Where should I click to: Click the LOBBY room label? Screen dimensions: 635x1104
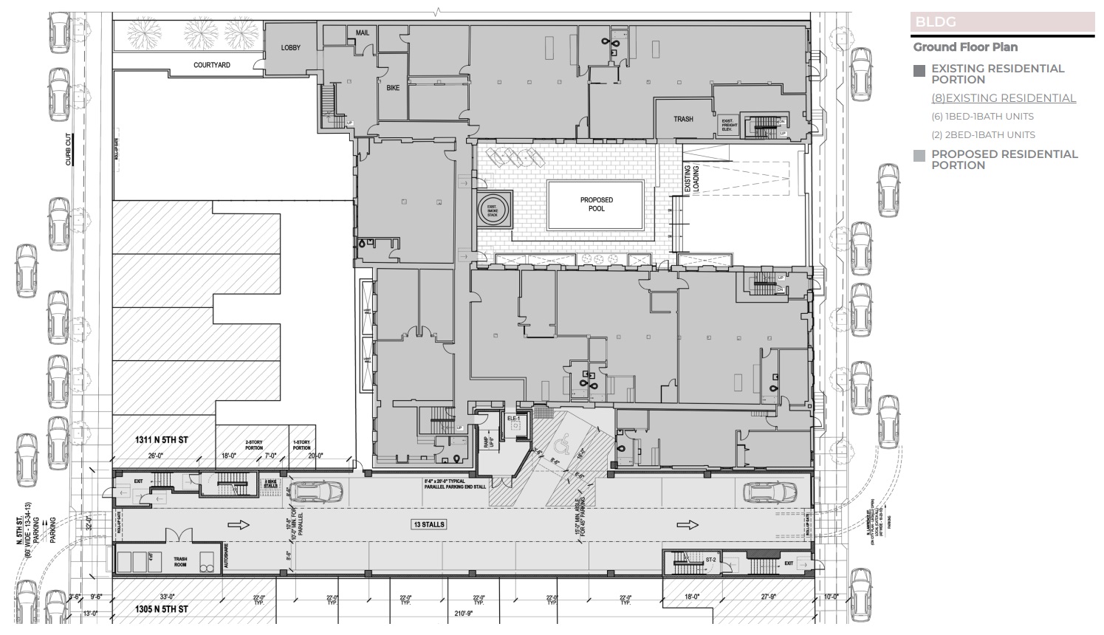coord(291,48)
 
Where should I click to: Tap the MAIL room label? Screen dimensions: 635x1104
coord(363,33)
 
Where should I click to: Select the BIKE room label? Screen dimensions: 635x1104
coord(393,88)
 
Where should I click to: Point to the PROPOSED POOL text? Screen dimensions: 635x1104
coord(597,205)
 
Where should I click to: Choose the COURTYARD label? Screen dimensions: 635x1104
coord(212,65)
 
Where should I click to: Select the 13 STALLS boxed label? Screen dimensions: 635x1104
coord(429,524)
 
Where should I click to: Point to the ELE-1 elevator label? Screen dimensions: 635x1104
coord(515,419)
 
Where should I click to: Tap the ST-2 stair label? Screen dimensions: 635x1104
coord(710,560)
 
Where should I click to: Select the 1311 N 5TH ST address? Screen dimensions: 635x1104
coord(161,440)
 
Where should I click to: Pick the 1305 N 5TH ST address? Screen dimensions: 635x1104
coord(161,609)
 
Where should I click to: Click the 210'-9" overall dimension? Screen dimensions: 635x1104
coord(464,612)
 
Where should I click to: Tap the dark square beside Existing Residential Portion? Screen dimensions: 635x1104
coord(919,72)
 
